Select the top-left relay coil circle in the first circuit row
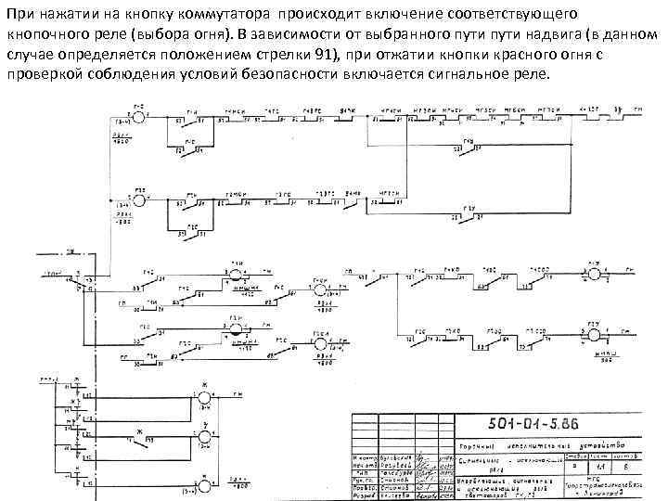tap(138, 118)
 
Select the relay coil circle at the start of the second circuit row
tap(138, 199)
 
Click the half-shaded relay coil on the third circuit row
tap(236, 275)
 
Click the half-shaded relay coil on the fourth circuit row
tap(236, 330)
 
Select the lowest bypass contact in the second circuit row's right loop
tap(470, 216)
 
